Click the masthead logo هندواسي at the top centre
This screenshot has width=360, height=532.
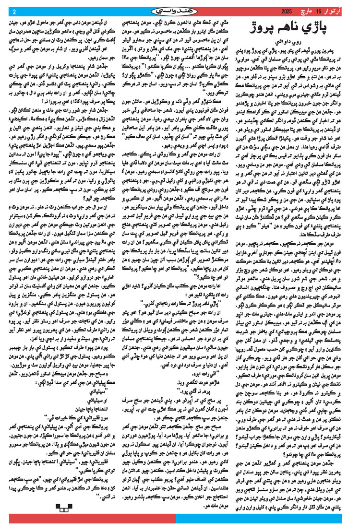coord(180,10)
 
